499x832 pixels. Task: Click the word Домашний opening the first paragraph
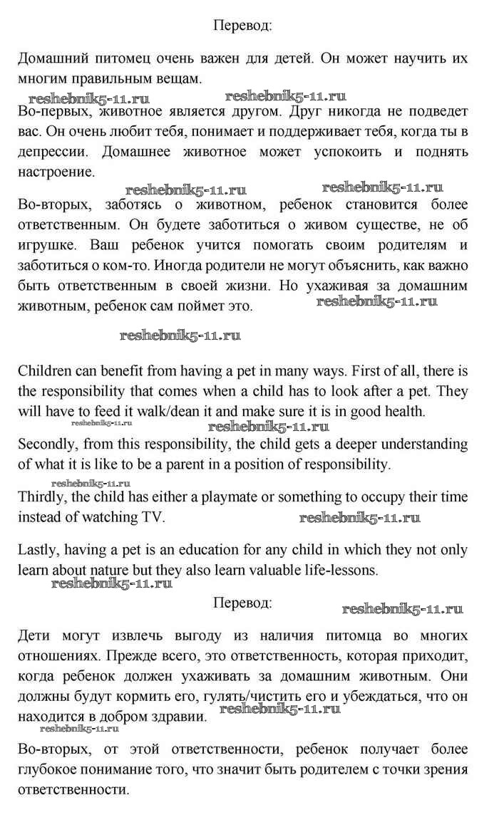click(51, 59)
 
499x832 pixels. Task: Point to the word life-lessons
click(352, 571)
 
